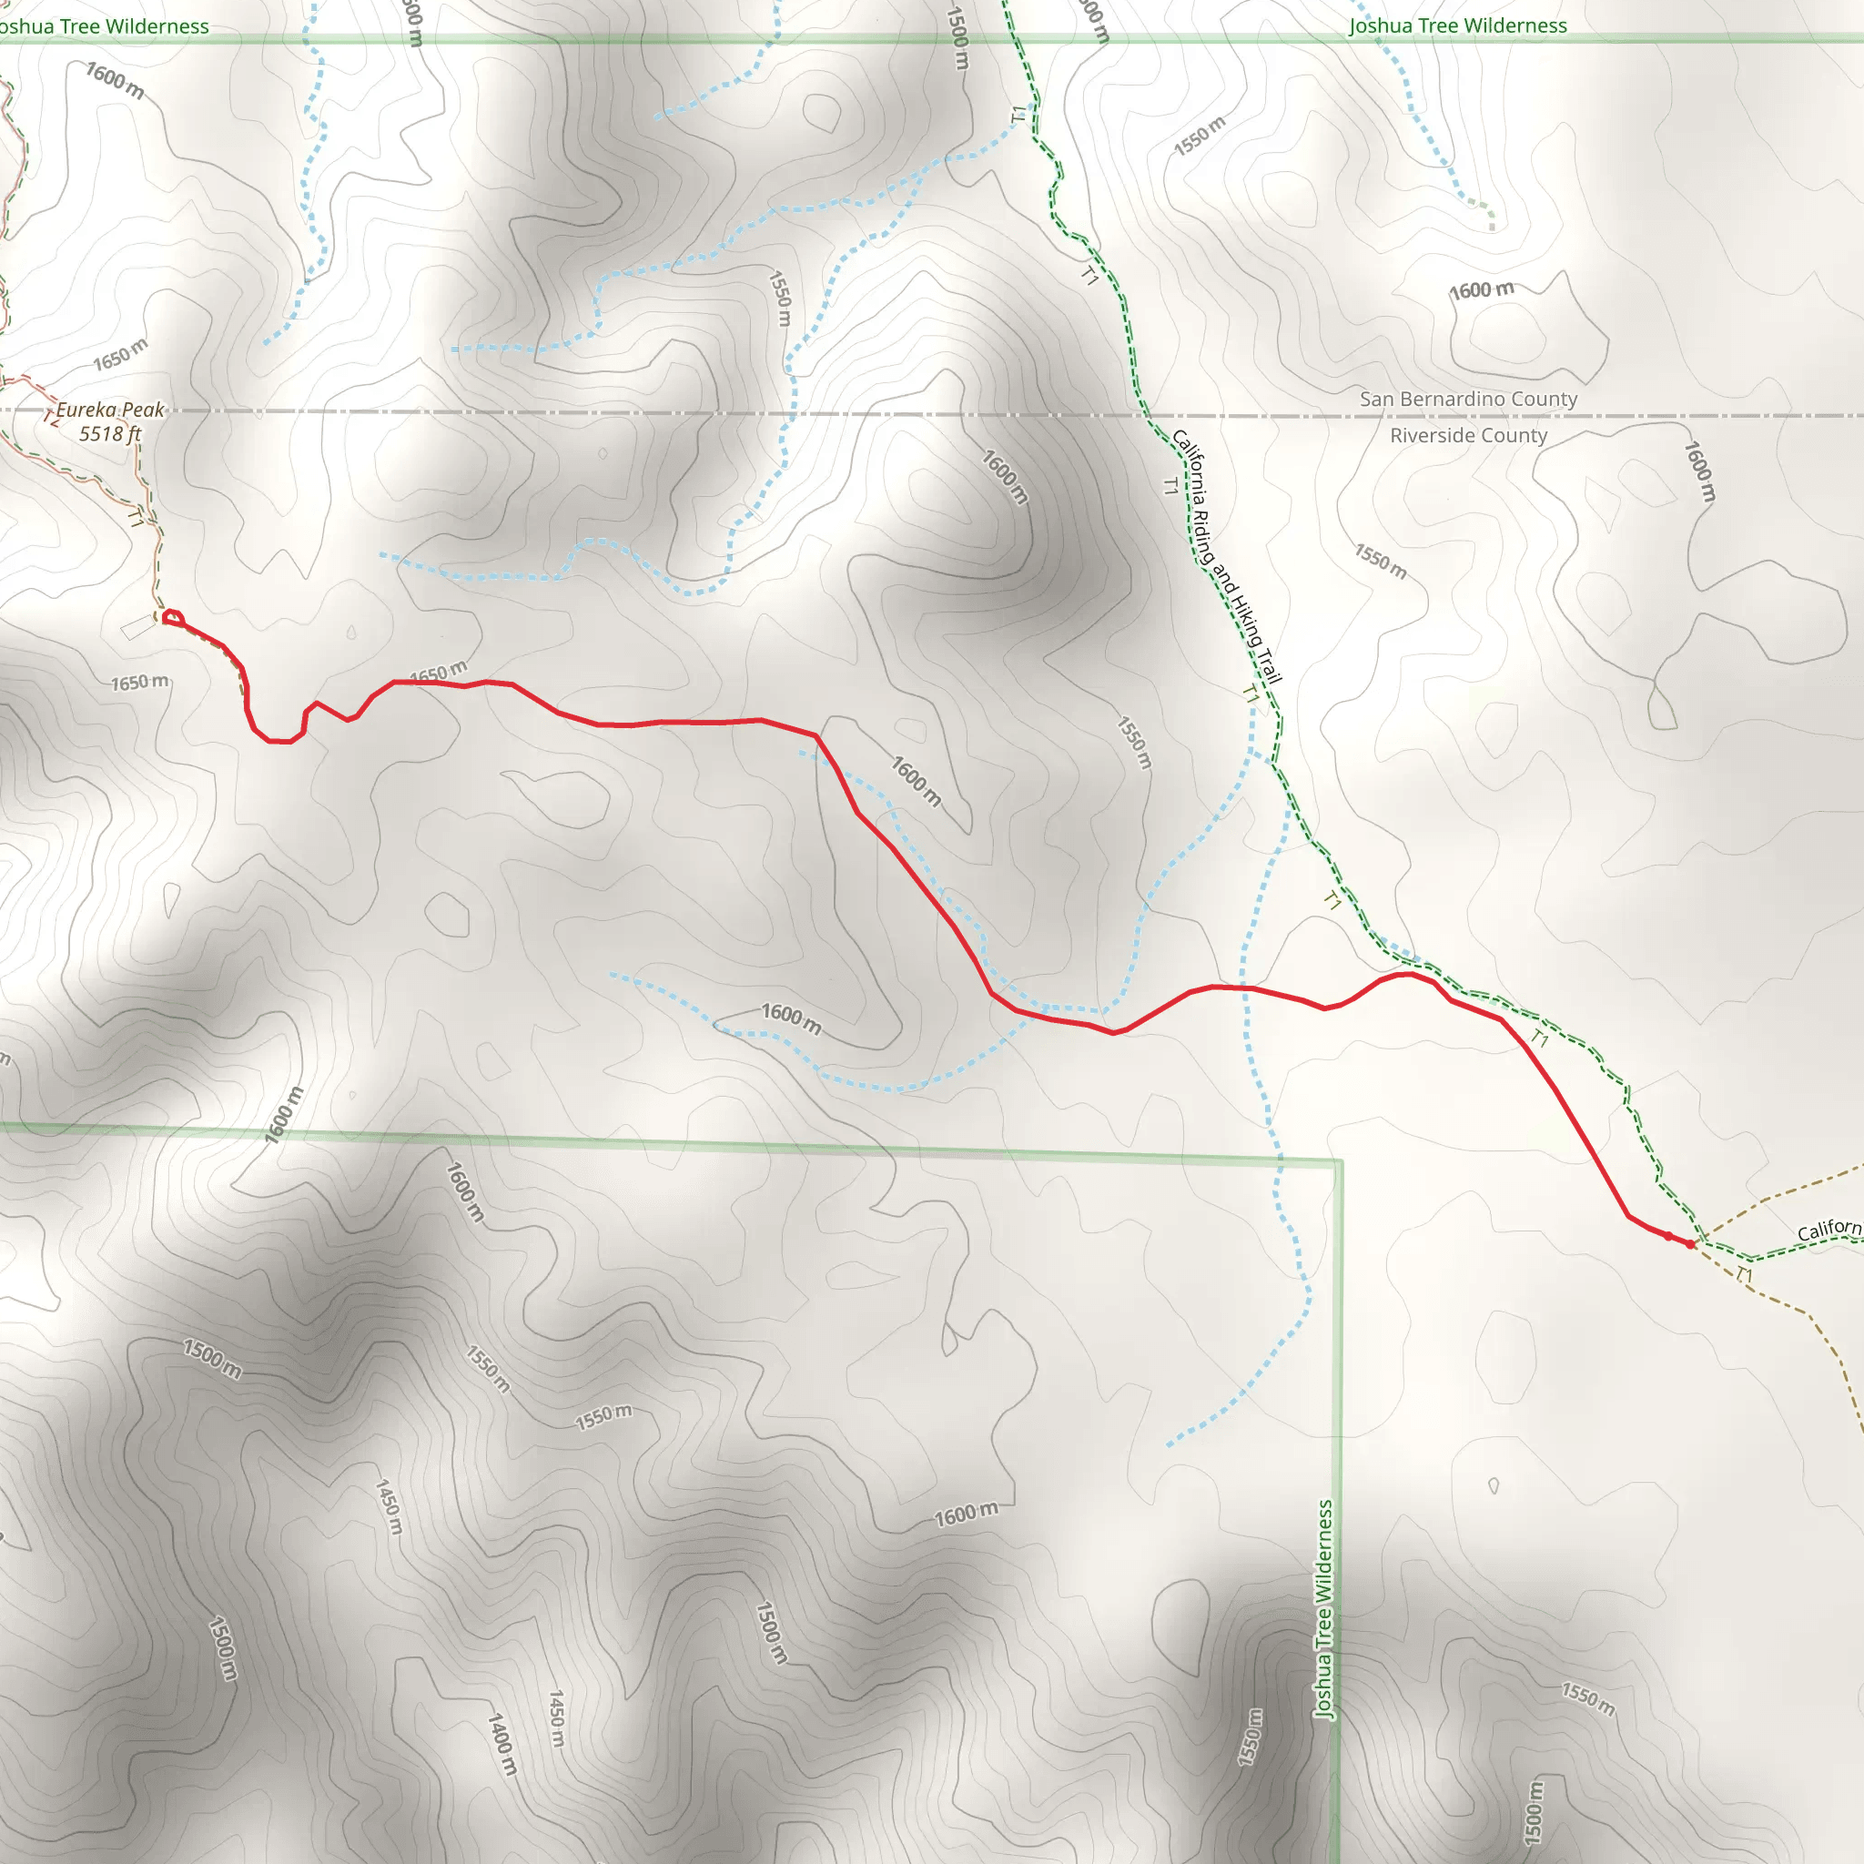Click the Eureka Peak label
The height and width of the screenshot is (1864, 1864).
pos(110,410)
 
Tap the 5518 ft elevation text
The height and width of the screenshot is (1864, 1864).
pos(110,434)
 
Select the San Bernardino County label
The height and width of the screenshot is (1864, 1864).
pos(1468,399)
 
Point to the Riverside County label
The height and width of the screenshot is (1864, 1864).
pos(1468,435)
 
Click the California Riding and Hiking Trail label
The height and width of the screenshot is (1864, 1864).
pos(1226,557)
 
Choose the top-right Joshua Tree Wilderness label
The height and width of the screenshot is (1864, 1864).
pos(1458,26)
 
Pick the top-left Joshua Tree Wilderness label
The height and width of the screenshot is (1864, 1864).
pos(102,27)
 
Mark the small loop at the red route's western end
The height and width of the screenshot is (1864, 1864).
pos(173,617)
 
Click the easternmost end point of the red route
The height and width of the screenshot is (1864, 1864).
pos(1690,1244)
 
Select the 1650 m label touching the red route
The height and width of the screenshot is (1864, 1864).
pos(438,673)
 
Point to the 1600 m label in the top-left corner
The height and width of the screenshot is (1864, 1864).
pos(115,81)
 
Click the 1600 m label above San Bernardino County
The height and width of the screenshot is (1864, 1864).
pos(1481,290)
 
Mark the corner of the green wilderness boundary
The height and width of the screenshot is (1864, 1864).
pos(1339,1162)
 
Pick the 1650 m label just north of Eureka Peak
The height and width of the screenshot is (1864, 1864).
pos(121,355)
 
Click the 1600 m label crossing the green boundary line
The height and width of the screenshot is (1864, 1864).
pos(285,1115)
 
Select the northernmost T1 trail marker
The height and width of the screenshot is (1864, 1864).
pos(1018,115)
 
